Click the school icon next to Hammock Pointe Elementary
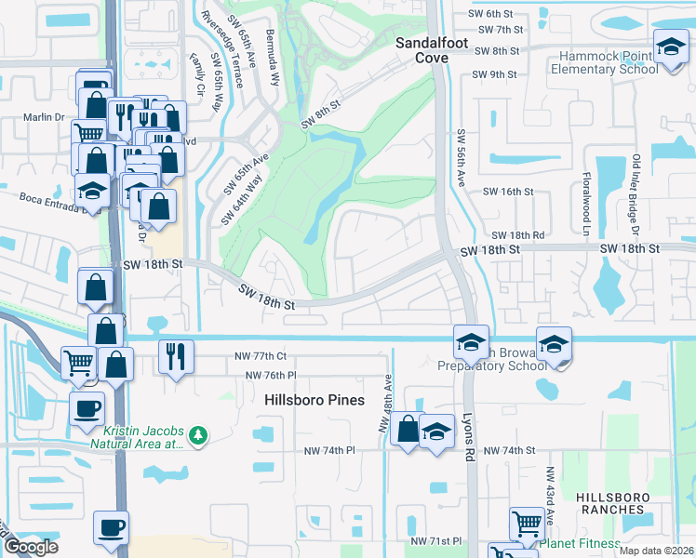point(670,47)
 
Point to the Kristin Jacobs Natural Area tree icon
point(196,434)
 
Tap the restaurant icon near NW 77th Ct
point(174,354)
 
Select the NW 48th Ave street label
point(384,409)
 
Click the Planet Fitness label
point(581,544)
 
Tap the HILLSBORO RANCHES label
point(610,503)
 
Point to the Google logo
point(31,547)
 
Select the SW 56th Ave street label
point(461,154)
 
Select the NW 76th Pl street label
point(270,375)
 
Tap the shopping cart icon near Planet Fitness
point(528,524)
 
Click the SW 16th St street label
point(508,192)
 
